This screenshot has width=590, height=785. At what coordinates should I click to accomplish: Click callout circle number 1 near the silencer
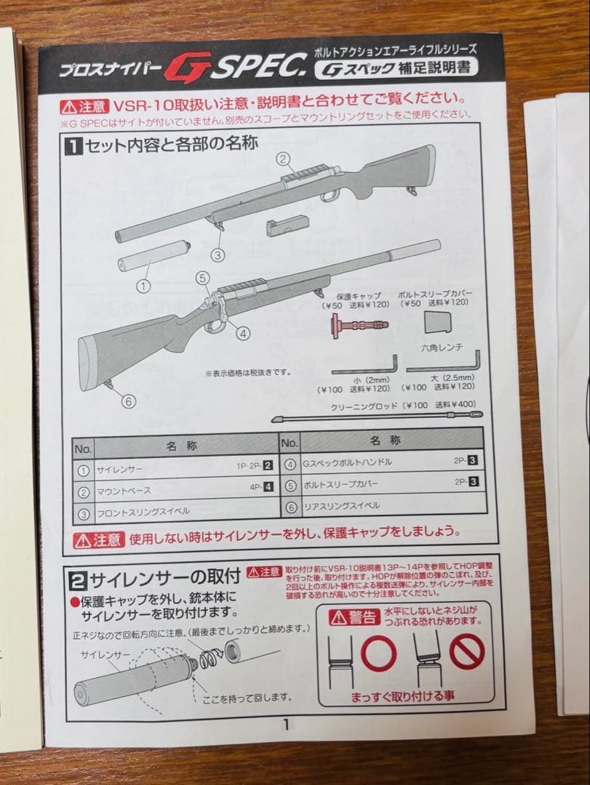143,286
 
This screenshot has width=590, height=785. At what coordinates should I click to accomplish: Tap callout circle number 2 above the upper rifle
284,158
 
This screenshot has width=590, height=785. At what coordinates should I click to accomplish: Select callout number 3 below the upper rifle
218,254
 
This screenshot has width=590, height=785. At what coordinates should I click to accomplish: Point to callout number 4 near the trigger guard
243,334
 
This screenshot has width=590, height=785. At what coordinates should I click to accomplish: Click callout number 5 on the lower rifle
203,278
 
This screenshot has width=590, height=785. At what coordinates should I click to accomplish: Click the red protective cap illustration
358,324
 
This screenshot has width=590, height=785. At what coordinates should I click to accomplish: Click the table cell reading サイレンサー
121,470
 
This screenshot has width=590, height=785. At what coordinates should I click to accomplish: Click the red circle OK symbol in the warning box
378,653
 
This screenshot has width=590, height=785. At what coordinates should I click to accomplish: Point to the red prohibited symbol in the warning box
466,651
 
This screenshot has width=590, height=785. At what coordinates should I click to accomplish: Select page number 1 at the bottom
286,724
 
